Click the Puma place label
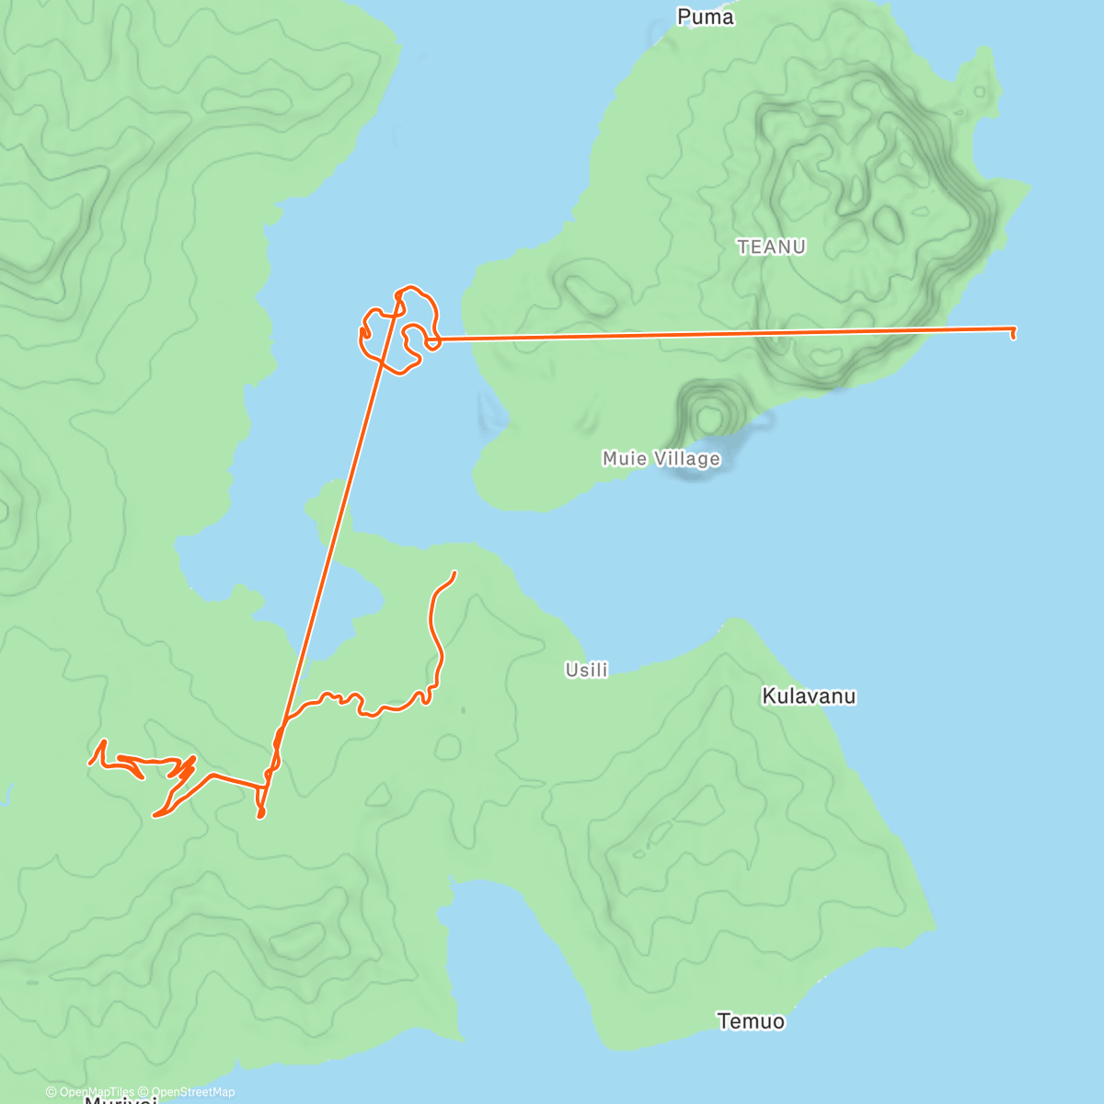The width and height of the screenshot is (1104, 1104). click(706, 17)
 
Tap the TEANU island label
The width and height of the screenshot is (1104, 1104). click(771, 247)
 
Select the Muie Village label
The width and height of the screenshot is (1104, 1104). click(661, 458)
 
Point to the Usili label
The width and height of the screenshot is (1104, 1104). click(587, 670)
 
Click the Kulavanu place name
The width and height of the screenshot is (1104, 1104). click(809, 696)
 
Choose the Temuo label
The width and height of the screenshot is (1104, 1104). click(751, 1020)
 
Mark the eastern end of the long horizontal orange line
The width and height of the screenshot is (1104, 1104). click(1014, 329)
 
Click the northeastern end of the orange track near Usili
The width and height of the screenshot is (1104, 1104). click(454, 573)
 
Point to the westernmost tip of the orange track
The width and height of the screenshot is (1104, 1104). click(90, 763)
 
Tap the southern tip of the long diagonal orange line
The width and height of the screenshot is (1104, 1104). click(260, 815)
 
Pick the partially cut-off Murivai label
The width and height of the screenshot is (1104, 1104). click(121, 1100)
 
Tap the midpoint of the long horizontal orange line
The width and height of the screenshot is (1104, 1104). click(722, 334)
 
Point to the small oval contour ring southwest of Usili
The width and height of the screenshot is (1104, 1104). click(448, 746)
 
